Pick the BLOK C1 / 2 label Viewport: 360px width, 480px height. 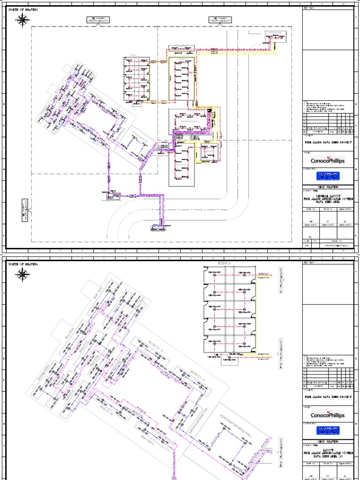(198, 375)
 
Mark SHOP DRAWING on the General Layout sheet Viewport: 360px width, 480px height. (327, 186)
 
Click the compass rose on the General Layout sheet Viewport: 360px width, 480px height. (22, 20)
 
